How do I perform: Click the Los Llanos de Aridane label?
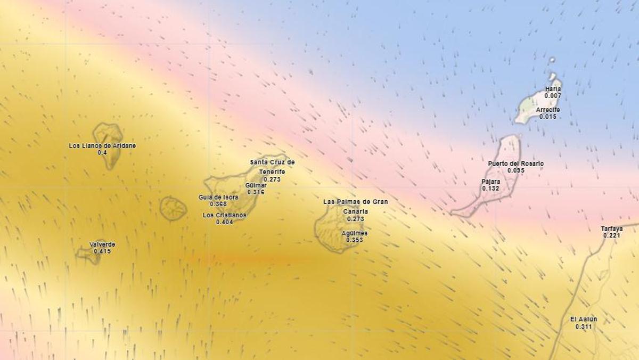[x=102, y=146]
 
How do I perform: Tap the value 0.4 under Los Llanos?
[x=102, y=153]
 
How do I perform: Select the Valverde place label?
[x=102, y=244]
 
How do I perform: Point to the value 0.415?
[x=102, y=251]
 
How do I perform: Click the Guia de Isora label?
[x=218, y=197]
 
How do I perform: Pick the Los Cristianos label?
[x=225, y=215]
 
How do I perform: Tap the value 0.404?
[x=225, y=222]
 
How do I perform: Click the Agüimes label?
[x=355, y=233]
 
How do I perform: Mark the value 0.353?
[x=355, y=240]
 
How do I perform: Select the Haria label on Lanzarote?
[x=553, y=89]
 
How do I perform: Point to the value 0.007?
[x=553, y=96]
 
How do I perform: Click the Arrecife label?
[x=548, y=110]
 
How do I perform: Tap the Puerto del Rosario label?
[x=516, y=163]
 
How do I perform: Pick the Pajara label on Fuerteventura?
[x=491, y=182]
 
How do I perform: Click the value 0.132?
[x=491, y=189]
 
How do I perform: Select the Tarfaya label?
[x=612, y=228]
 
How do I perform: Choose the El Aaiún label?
[x=584, y=319]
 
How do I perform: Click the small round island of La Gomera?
[x=174, y=208]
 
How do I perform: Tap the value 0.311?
[x=584, y=326]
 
